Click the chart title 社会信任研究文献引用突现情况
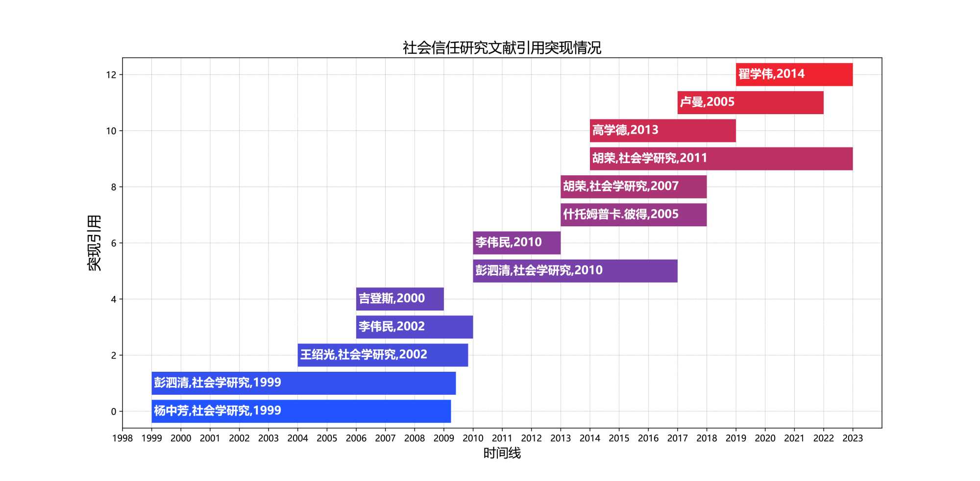502,48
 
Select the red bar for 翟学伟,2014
794,74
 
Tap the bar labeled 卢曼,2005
750,102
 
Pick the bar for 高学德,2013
662,131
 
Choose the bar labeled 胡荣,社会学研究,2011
721,159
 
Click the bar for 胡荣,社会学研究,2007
633,187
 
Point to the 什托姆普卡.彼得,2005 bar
633,215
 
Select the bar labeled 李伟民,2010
516,243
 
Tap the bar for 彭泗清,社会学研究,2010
575,271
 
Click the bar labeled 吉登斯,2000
400,299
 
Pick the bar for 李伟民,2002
414,327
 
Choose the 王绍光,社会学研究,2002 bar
383,355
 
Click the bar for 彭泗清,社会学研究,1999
303,383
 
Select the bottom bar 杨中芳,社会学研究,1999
301,411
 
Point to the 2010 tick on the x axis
473,438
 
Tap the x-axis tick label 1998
122,438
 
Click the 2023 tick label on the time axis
853,438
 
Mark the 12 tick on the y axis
111,75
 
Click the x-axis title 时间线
502,453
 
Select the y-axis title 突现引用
94,243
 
